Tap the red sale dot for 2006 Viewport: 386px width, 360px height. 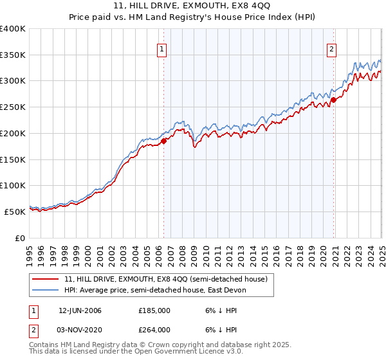coord(163,141)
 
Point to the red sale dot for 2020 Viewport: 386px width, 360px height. coord(334,100)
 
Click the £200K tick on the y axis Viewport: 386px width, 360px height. coord(13,133)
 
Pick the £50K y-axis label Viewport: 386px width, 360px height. coord(15,212)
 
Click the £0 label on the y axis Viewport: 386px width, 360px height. coord(21,238)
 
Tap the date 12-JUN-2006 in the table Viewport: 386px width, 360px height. coord(80,310)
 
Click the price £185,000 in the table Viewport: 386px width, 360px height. coord(154,310)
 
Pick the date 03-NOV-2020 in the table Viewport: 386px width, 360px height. coord(80,329)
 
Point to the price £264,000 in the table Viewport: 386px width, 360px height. coord(154,329)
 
